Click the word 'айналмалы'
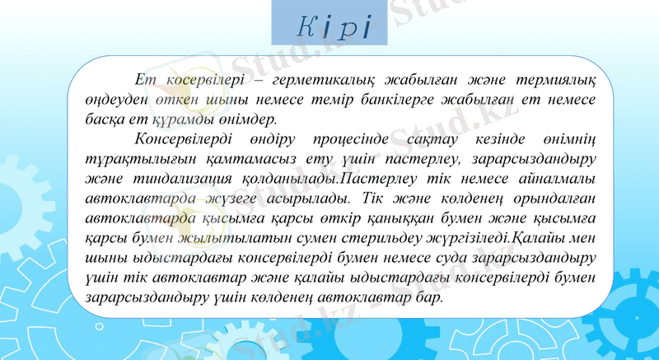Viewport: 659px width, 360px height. [554, 179]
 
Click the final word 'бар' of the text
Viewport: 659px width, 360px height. [429, 297]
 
